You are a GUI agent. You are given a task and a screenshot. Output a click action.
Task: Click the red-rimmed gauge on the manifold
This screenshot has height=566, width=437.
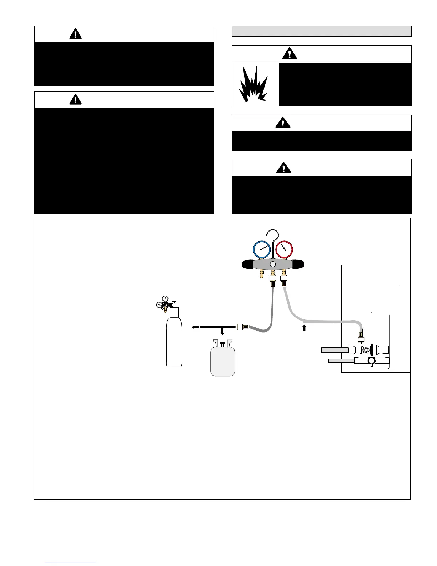pos(284,249)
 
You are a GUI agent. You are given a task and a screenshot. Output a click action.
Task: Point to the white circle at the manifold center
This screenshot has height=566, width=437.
pos(273,264)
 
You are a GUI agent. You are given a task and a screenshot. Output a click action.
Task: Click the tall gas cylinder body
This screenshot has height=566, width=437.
pos(174,341)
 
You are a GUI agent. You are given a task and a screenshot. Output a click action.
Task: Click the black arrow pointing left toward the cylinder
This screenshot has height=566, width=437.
pos(195,327)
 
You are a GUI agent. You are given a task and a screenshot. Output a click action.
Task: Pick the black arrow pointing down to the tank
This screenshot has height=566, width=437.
pos(222,332)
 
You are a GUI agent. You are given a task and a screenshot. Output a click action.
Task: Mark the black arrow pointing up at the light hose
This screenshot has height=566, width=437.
pos(304,328)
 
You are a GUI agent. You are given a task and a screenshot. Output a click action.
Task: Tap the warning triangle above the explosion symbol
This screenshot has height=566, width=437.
pos(290,54)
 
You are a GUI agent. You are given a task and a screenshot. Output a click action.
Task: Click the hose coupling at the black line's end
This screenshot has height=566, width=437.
pos(241,327)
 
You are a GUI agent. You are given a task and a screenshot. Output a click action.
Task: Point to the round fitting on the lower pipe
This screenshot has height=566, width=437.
pos(372,361)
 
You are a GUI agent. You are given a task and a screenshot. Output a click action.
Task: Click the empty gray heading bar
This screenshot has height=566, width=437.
pos(322,31)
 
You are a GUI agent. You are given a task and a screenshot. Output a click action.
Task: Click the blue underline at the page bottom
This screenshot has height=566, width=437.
pos(71,563)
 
